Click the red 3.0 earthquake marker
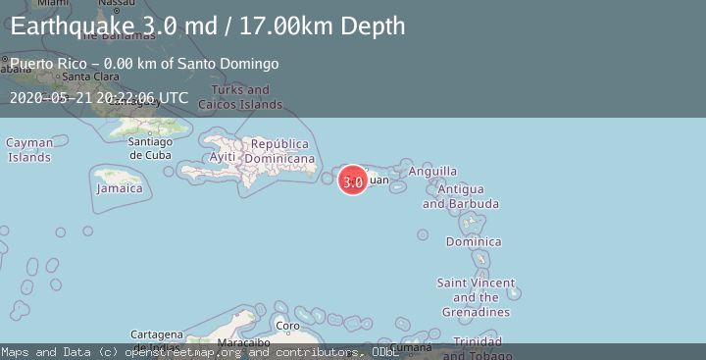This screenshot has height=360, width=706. click(353, 180)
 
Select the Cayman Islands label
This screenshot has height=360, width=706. click(29, 150)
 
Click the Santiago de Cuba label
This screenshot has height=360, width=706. click(150, 148)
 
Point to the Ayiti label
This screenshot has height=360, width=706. click(223, 157)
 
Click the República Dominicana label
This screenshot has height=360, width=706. click(279, 151)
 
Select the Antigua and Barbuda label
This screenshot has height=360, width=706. click(460, 196)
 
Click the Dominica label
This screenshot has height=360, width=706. click(474, 241)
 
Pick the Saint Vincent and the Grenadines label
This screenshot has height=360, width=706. click(476, 297)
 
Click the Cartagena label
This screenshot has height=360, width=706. click(157, 334)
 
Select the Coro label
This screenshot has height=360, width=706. click(287, 326)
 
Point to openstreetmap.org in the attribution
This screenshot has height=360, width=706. click(186, 352)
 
